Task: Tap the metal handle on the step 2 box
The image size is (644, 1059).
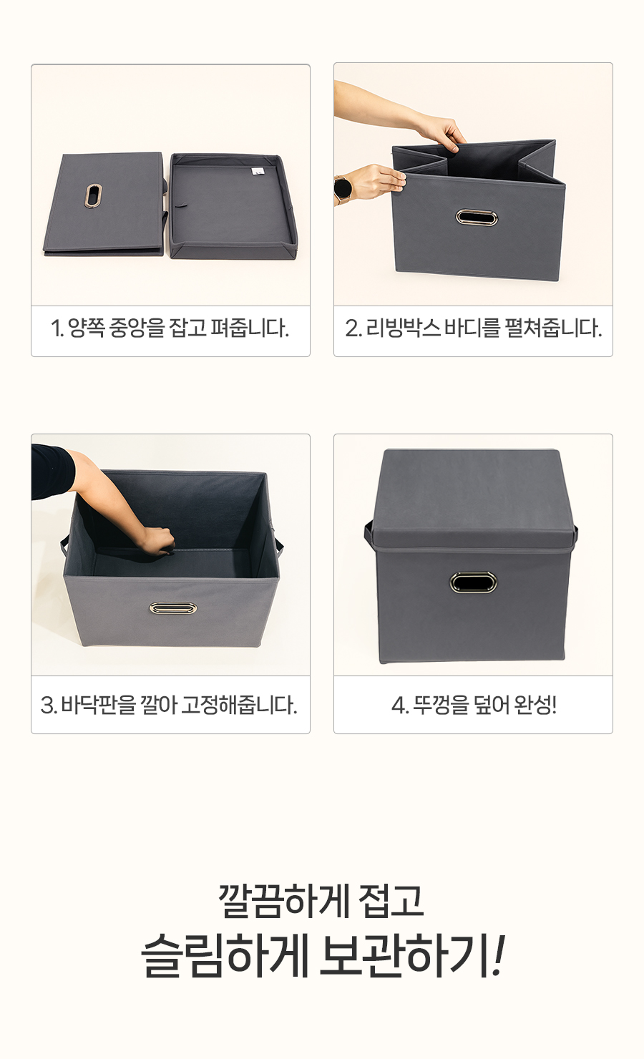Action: tap(477, 218)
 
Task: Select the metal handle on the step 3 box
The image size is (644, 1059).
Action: tap(173, 608)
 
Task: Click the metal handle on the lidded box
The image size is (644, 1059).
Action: tap(473, 582)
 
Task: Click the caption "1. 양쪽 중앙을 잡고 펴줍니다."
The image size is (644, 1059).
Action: tap(170, 328)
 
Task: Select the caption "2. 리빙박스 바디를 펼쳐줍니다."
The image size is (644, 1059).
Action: tap(473, 328)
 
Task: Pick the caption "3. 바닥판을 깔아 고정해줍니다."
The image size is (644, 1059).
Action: tap(170, 705)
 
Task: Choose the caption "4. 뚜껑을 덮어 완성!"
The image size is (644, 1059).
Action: tap(474, 705)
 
